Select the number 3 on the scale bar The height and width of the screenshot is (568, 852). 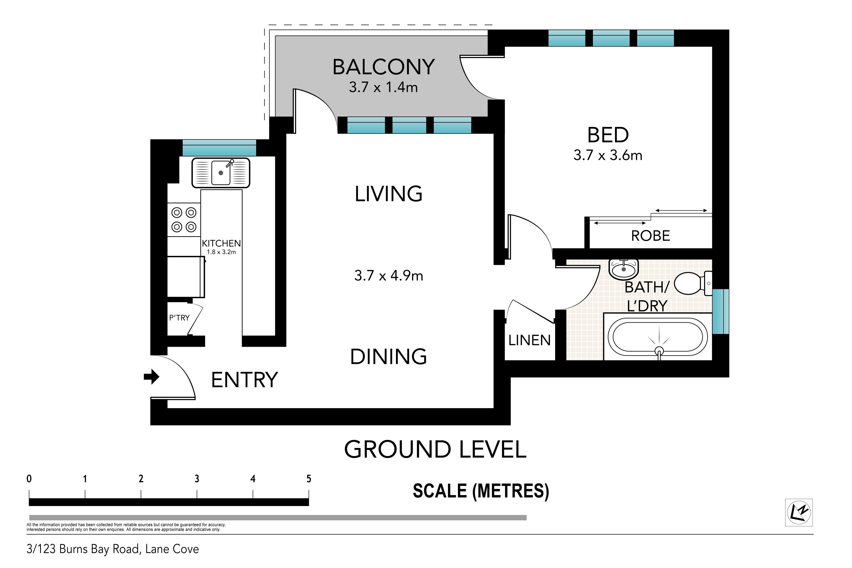coord(197,479)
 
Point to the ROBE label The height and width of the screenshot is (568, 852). coord(650,236)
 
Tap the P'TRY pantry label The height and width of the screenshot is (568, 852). coord(179,318)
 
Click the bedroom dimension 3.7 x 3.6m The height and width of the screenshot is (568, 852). coord(608,155)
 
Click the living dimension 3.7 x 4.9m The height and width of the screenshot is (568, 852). coord(389,276)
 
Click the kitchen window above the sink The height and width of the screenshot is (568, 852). coord(219,148)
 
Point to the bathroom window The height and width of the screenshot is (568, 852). coord(720,311)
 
